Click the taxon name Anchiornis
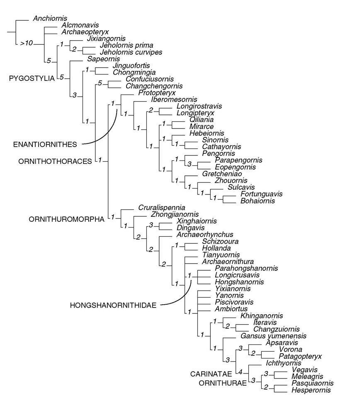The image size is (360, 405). point(50,19)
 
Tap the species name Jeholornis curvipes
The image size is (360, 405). point(131,52)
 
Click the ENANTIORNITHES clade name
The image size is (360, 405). point(45,144)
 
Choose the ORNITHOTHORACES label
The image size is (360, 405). point(55,161)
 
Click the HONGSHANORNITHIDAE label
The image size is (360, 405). point(113,306)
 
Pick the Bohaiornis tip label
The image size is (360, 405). point(257,201)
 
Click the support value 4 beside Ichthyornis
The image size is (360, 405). point(240,370)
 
